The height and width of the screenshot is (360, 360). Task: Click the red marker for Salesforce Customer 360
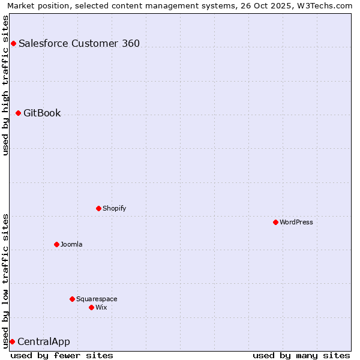[13, 43]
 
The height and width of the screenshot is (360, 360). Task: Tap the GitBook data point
[18, 113]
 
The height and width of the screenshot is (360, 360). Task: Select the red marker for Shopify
[98, 208]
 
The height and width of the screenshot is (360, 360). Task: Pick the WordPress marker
[275, 222]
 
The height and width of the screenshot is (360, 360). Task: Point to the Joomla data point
[56, 244]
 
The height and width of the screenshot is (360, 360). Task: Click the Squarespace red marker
[72, 299]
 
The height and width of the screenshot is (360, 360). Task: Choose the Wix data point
[91, 307]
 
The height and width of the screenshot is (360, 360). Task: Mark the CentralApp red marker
[12, 341]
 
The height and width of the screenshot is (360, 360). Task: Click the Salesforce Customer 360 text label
[79, 43]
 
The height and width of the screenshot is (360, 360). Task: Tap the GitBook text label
[42, 113]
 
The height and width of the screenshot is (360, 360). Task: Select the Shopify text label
[114, 208]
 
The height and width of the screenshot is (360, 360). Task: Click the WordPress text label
[296, 222]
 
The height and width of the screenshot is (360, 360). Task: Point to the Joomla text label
[71, 244]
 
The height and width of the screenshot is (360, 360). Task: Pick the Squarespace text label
[97, 299]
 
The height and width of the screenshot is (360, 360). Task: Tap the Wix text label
[101, 307]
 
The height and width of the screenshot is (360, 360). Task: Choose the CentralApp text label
[44, 341]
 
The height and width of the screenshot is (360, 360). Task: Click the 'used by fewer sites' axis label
[62, 355]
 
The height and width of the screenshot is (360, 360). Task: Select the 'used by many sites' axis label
[301, 355]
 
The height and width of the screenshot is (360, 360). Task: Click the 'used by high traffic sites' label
[5, 85]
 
